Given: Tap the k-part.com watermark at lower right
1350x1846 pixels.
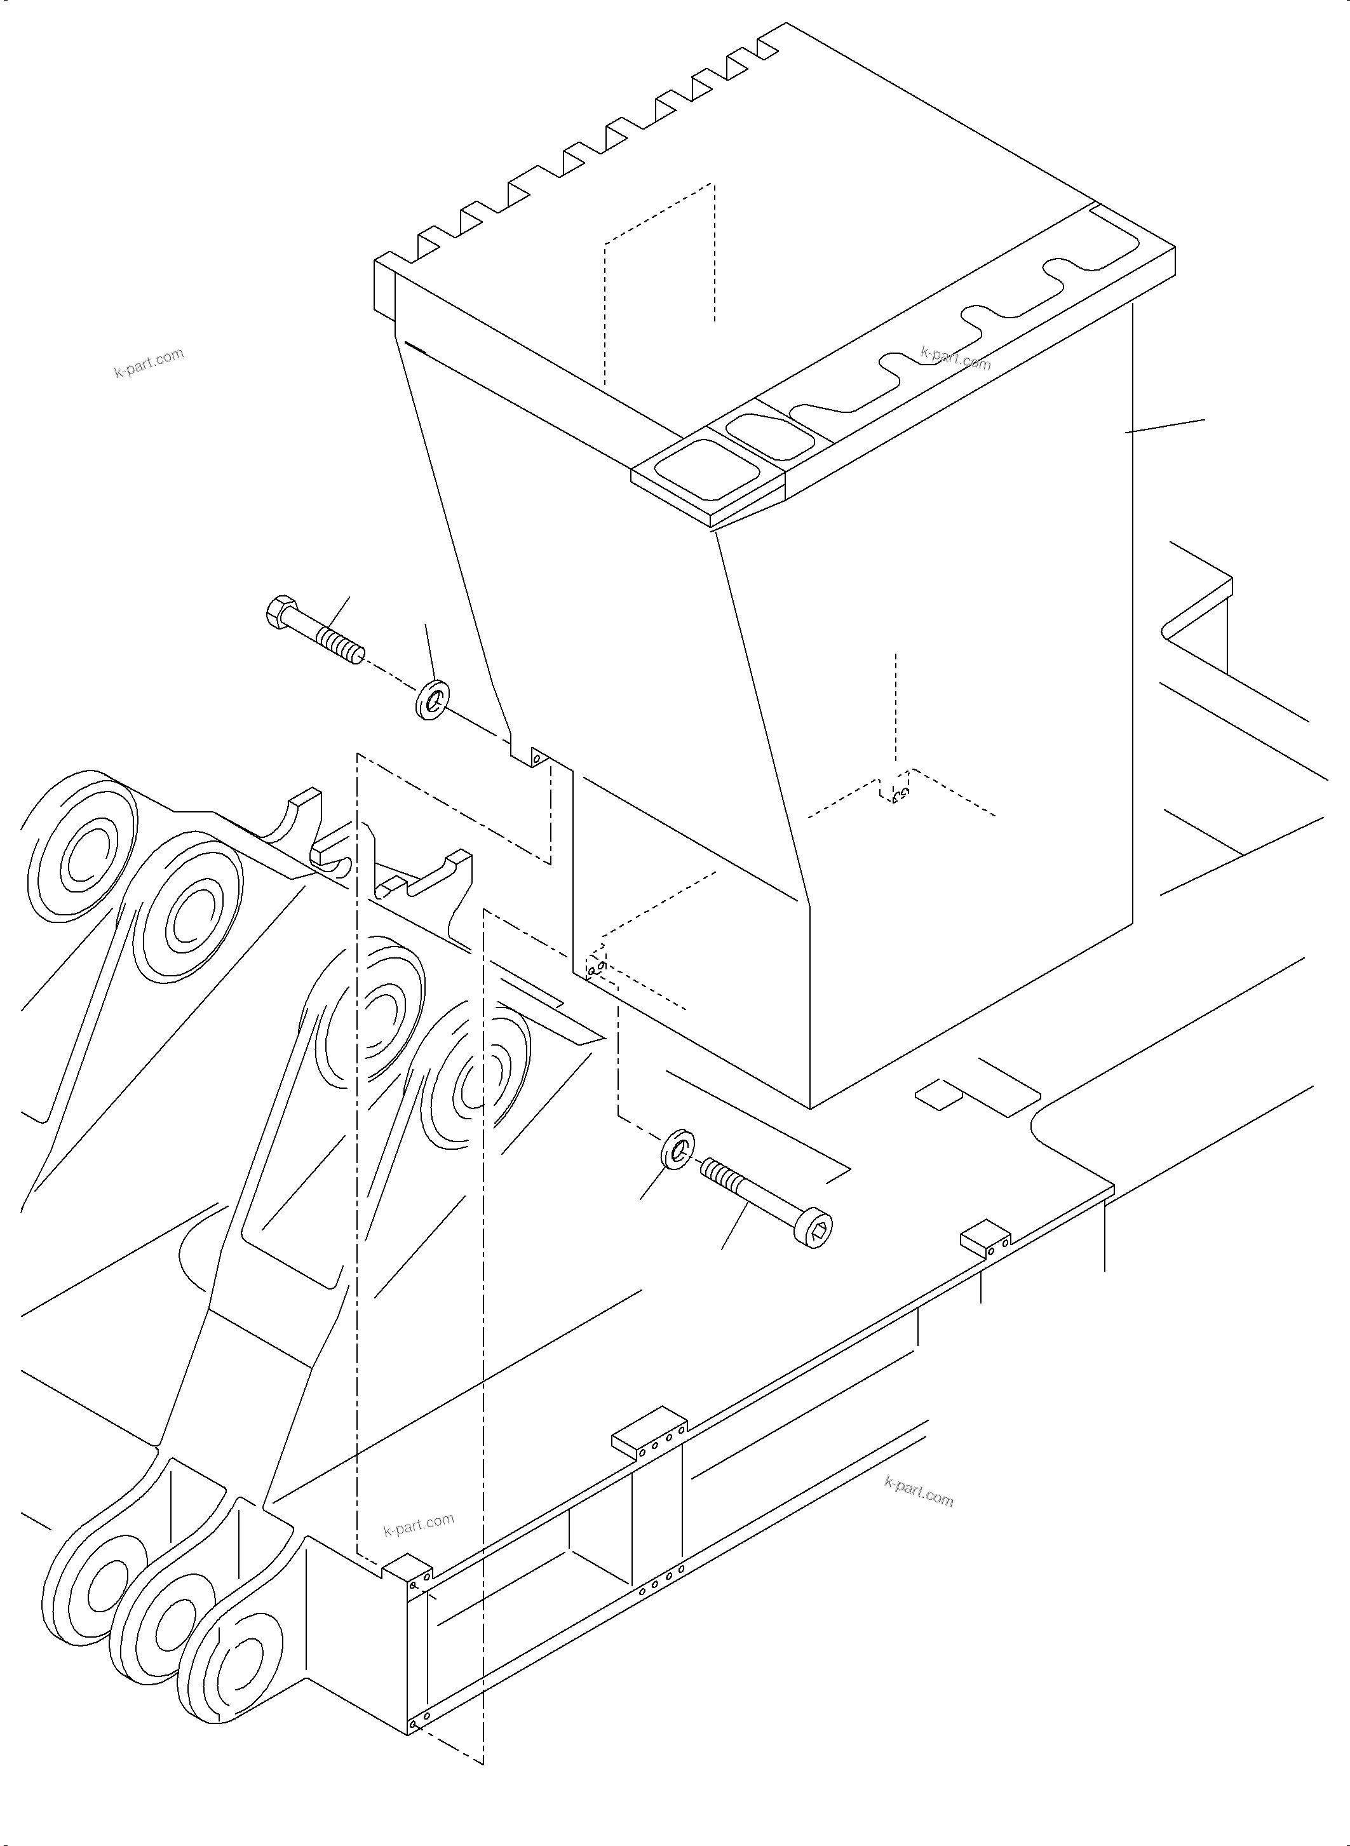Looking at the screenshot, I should pyautogui.click(x=919, y=1492).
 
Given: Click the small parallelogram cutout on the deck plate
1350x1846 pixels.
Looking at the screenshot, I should pyautogui.click(x=938, y=1093).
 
